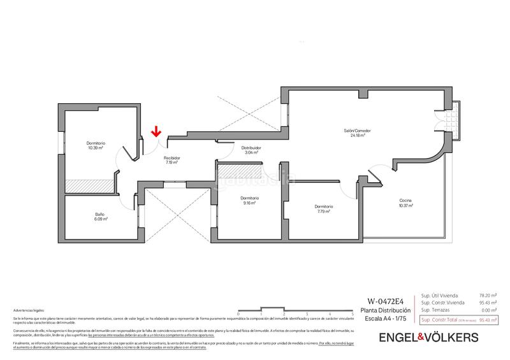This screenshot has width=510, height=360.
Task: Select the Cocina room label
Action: [406, 203]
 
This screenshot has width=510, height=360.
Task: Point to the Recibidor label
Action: [171, 160]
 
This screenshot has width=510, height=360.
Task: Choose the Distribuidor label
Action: [251, 150]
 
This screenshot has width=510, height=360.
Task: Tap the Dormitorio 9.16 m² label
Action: [249, 201]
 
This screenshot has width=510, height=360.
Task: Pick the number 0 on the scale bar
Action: [237, 315]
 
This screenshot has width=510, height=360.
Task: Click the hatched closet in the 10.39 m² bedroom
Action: [89, 184]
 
